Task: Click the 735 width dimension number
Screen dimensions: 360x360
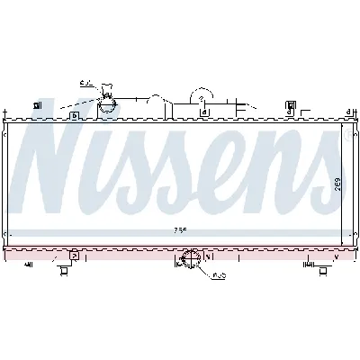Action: (181, 230)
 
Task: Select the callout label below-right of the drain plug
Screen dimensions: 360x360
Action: (220, 275)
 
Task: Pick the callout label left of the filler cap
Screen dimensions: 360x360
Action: (86, 83)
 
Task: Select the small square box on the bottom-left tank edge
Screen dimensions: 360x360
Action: (74, 256)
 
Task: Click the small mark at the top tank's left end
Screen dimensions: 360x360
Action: (38, 106)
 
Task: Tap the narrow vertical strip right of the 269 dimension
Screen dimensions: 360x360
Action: (348, 185)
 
